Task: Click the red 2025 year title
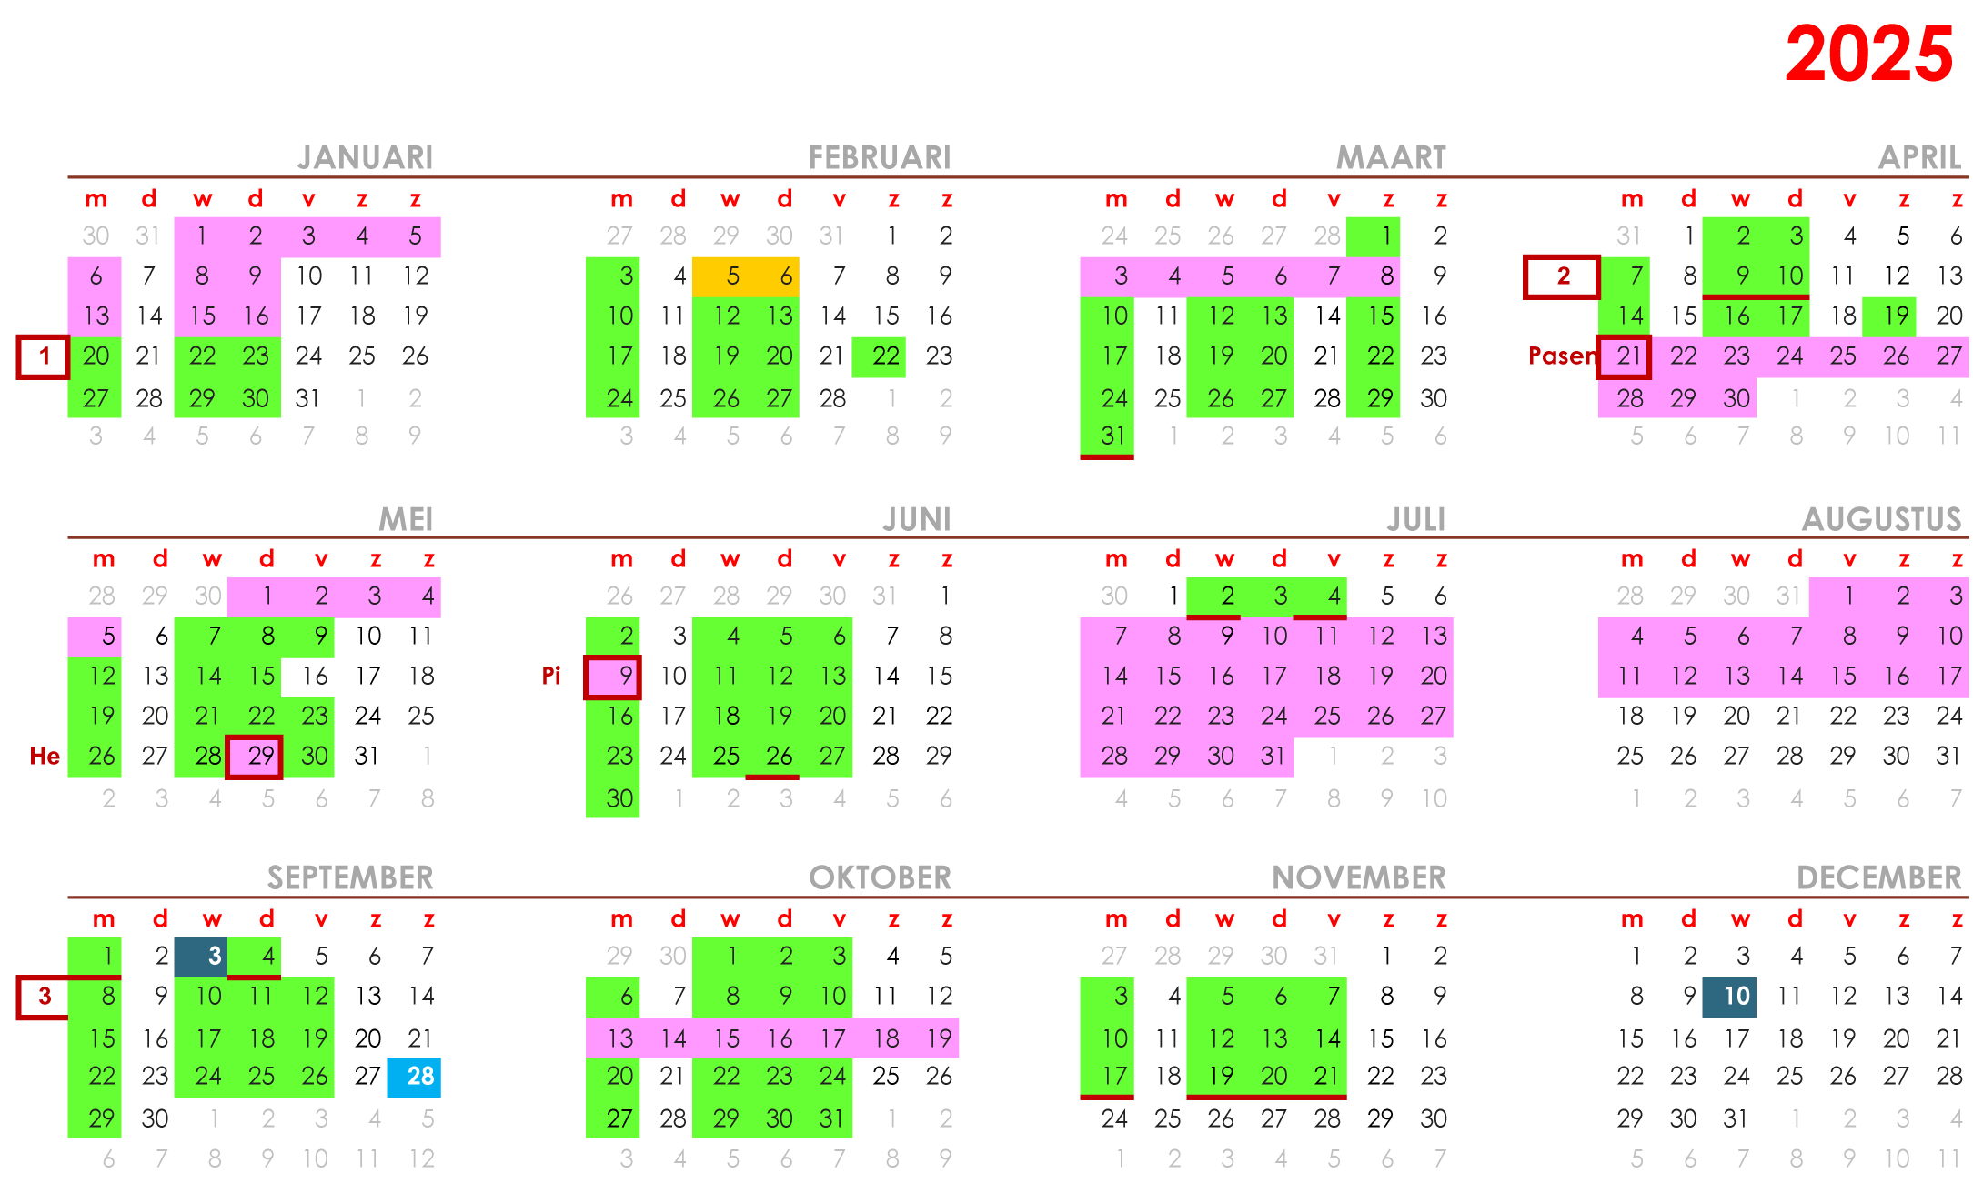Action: pos(1868,55)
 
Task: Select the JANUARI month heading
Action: pos(365,157)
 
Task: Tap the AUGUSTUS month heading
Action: pos(1881,519)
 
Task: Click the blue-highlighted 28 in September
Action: pos(415,1077)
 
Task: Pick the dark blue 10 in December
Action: pos(1730,997)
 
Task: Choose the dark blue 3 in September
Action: pos(202,957)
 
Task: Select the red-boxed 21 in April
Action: pos(1625,356)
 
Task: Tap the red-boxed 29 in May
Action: pos(255,757)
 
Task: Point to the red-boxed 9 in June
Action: pos(613,677)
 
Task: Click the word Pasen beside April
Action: pos(1561,356)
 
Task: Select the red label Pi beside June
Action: pos(551,676)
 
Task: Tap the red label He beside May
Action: pos(45,756)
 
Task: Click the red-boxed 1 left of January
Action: pos(43,356)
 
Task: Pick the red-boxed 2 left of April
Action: pos(1562,276)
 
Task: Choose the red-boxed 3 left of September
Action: pos(43,997)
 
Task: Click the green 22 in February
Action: pos(880,356)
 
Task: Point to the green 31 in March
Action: pos(1108,436)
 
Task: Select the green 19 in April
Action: pos(1890,316)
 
